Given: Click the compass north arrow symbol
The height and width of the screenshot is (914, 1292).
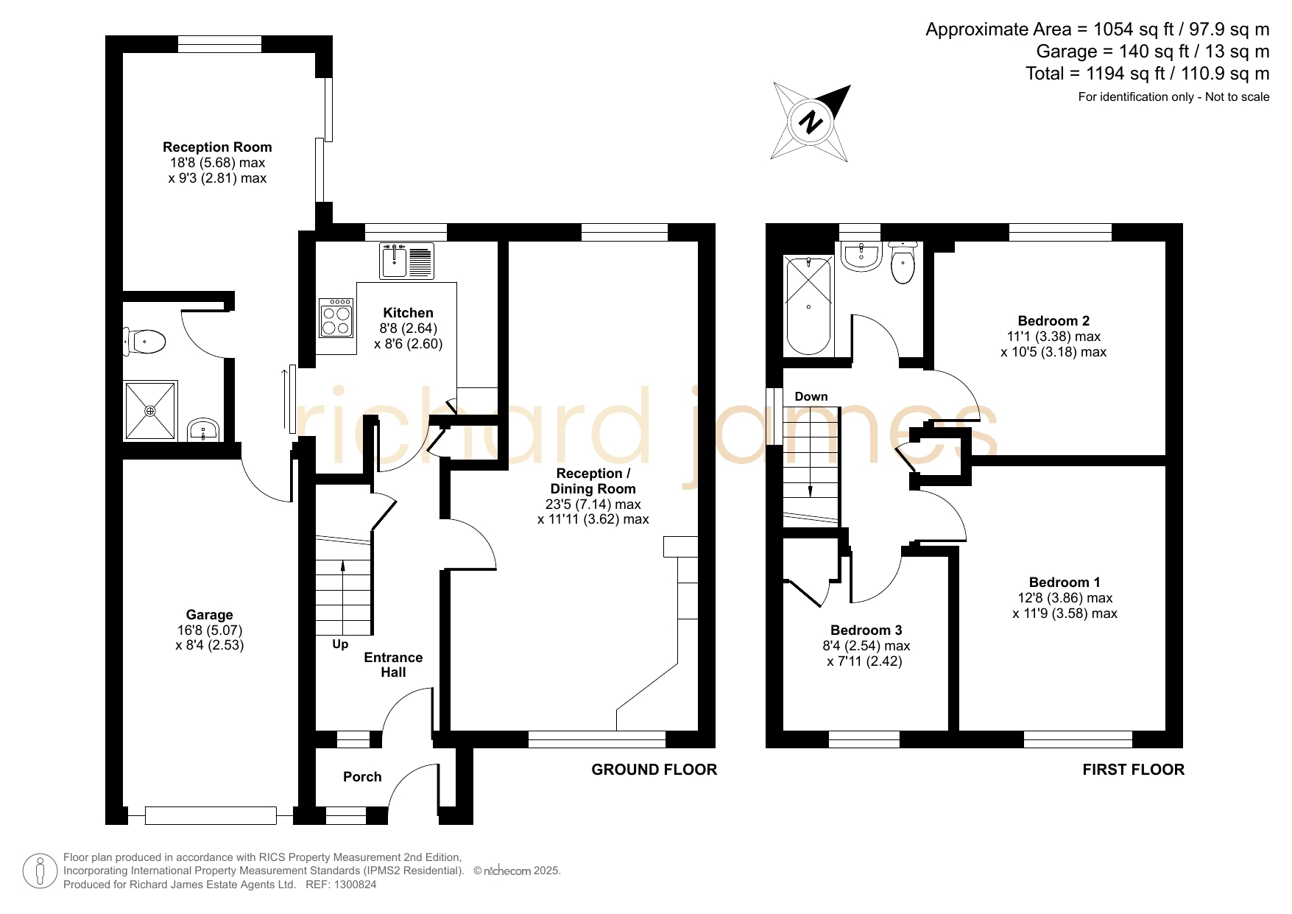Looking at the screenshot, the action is [811, 122].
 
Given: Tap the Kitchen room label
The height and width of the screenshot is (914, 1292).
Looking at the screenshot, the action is [408, 313].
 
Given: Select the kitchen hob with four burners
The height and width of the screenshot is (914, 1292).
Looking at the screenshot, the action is [337, 317].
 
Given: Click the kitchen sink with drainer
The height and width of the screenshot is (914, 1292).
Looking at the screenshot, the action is [406, 261].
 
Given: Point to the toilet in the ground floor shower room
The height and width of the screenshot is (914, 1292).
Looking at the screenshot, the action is [144, 342].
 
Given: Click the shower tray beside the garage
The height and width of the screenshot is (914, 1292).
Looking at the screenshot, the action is [150, 410].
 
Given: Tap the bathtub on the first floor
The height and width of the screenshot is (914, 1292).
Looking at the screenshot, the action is [808, 306].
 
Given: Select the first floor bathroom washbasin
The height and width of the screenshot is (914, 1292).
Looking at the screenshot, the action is [861, 256].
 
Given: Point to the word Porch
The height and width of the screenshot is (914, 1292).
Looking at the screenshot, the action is [362, 777].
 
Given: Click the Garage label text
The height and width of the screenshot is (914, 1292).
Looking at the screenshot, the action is [210, 615].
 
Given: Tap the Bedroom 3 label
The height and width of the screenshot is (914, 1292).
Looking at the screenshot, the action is [866, 630].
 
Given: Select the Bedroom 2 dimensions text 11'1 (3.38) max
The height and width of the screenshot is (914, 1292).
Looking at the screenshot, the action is [1053, 337].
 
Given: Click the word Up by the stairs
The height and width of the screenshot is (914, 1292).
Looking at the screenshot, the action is [340, 644].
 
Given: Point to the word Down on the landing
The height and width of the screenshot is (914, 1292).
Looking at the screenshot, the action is [811, 397].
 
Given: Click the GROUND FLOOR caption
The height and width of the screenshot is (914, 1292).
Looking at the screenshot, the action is [654, 770].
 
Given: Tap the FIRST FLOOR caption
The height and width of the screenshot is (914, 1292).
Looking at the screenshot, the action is [1134, 770].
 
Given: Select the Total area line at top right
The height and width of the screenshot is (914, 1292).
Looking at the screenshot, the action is [1148, 74].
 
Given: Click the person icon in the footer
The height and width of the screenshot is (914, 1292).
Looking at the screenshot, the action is [40, 871].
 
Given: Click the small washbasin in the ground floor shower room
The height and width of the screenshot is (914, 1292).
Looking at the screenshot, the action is [202, 429].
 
